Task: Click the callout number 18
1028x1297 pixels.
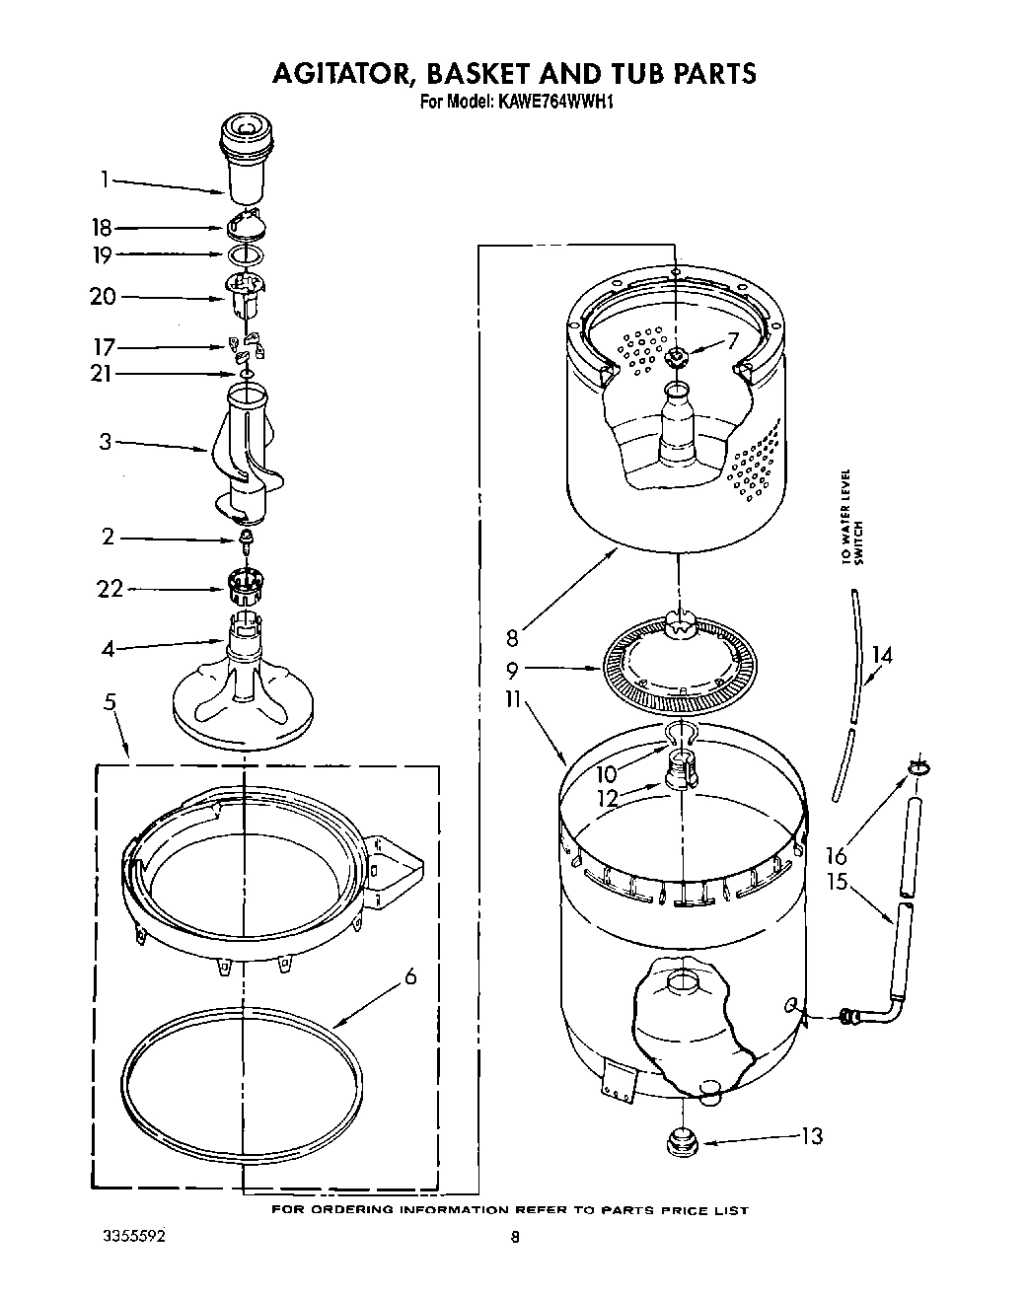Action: (x=103, y=228)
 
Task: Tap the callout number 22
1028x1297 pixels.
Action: (x=110, y=589)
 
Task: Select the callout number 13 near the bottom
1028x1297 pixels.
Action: (x=810, y=1136)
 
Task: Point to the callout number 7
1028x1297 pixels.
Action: (x=732, y=341)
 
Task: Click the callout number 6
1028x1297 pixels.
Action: (x=410, y=976)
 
